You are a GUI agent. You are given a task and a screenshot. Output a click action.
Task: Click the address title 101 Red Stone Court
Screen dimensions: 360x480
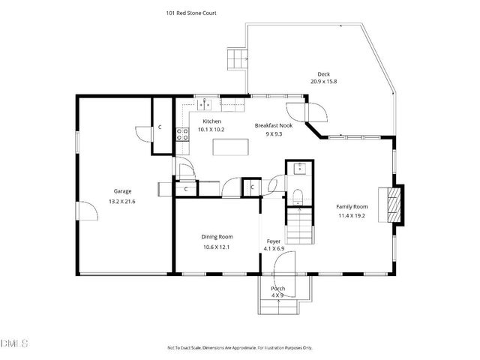190,13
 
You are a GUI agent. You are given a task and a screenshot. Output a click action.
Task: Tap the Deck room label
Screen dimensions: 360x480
323,73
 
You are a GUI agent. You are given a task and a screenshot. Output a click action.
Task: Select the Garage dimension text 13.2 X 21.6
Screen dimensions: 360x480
122,202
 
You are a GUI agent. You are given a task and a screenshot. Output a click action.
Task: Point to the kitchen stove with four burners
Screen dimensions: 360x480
181,134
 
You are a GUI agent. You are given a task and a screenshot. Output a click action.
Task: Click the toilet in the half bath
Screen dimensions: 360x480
298,196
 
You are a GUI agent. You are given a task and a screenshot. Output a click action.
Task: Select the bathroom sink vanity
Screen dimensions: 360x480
298,168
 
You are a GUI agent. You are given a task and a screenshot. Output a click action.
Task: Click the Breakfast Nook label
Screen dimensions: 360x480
273,125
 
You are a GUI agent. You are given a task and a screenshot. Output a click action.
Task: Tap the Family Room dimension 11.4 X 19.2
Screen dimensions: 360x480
351,215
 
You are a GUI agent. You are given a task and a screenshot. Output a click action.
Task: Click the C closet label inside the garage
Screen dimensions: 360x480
160,127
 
